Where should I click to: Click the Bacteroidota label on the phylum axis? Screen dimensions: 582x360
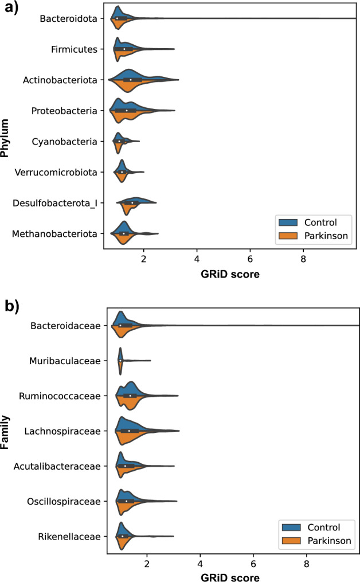pos(68,19)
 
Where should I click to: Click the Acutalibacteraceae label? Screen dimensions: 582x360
pos(62,466)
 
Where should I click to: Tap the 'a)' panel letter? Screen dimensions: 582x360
pos(9,8)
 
